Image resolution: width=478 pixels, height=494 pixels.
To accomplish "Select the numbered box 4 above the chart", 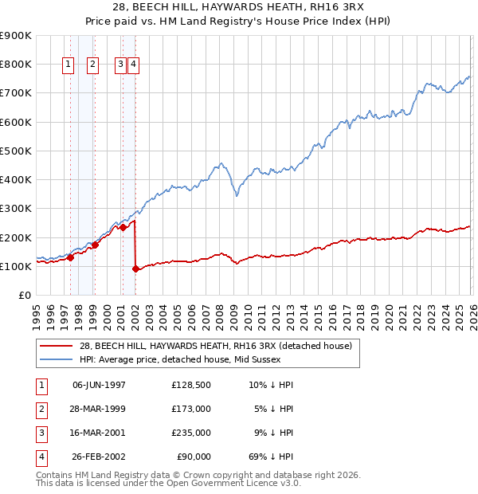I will (x=133, y=65).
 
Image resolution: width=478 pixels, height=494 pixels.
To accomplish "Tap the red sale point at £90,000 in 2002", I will (x=135, y=269).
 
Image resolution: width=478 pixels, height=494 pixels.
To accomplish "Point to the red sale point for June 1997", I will (x=70, y=257).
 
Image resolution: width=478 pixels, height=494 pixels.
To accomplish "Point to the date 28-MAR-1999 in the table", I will (x=99, y=409).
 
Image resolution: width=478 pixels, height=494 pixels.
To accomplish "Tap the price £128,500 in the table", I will (x=191, y=385).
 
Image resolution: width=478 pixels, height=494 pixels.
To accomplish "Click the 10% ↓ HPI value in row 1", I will (x=271, y=385).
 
